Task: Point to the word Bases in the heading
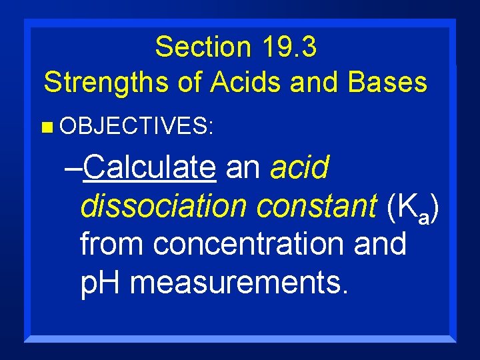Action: (x=387, y=82)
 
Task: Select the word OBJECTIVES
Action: (x=136, y=126)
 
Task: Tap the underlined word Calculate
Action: (x=150, y=168)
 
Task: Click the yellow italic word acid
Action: (x=299, y=168)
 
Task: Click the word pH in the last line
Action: (x=101, y=283)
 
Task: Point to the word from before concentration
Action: (x=113, y=244)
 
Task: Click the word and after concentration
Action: (x=381, y=244)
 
